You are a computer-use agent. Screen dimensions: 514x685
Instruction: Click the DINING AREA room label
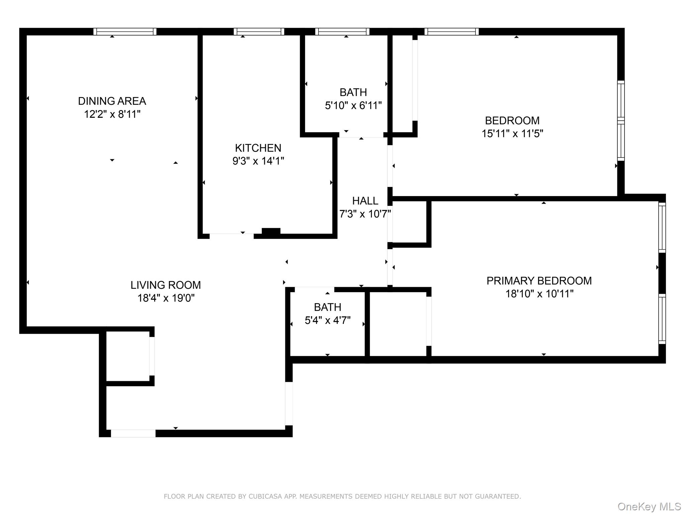[112, 101]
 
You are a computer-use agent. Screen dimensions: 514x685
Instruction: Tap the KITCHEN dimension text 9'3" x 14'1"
[258, 161]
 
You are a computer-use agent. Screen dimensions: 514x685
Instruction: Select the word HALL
[365, 201]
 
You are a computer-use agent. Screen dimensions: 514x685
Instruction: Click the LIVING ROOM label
[166, 285]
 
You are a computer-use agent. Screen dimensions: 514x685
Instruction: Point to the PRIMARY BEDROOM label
[539, 281]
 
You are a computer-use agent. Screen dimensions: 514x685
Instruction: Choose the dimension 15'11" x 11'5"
[512, 134]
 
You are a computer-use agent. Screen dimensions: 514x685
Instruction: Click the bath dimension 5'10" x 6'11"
[353, 106]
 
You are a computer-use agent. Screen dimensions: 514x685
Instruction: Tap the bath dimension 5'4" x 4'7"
[327, 321]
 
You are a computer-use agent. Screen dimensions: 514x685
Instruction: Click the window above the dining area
[125, 32]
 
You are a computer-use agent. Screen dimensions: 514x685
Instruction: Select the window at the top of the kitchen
[259, 32]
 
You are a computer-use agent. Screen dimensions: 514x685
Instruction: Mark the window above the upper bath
[342, 32]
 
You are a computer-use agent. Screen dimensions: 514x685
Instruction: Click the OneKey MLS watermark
[649, 507]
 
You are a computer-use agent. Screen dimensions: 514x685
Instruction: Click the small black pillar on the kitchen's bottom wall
[271, 232]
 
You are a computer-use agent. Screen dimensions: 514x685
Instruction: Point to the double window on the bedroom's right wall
[621, 120]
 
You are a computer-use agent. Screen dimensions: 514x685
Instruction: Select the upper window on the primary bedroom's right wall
[662, 227]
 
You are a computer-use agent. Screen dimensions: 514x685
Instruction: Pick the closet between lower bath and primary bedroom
[398, 324]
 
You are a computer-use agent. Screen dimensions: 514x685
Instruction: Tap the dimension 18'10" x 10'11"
[539, 294]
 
